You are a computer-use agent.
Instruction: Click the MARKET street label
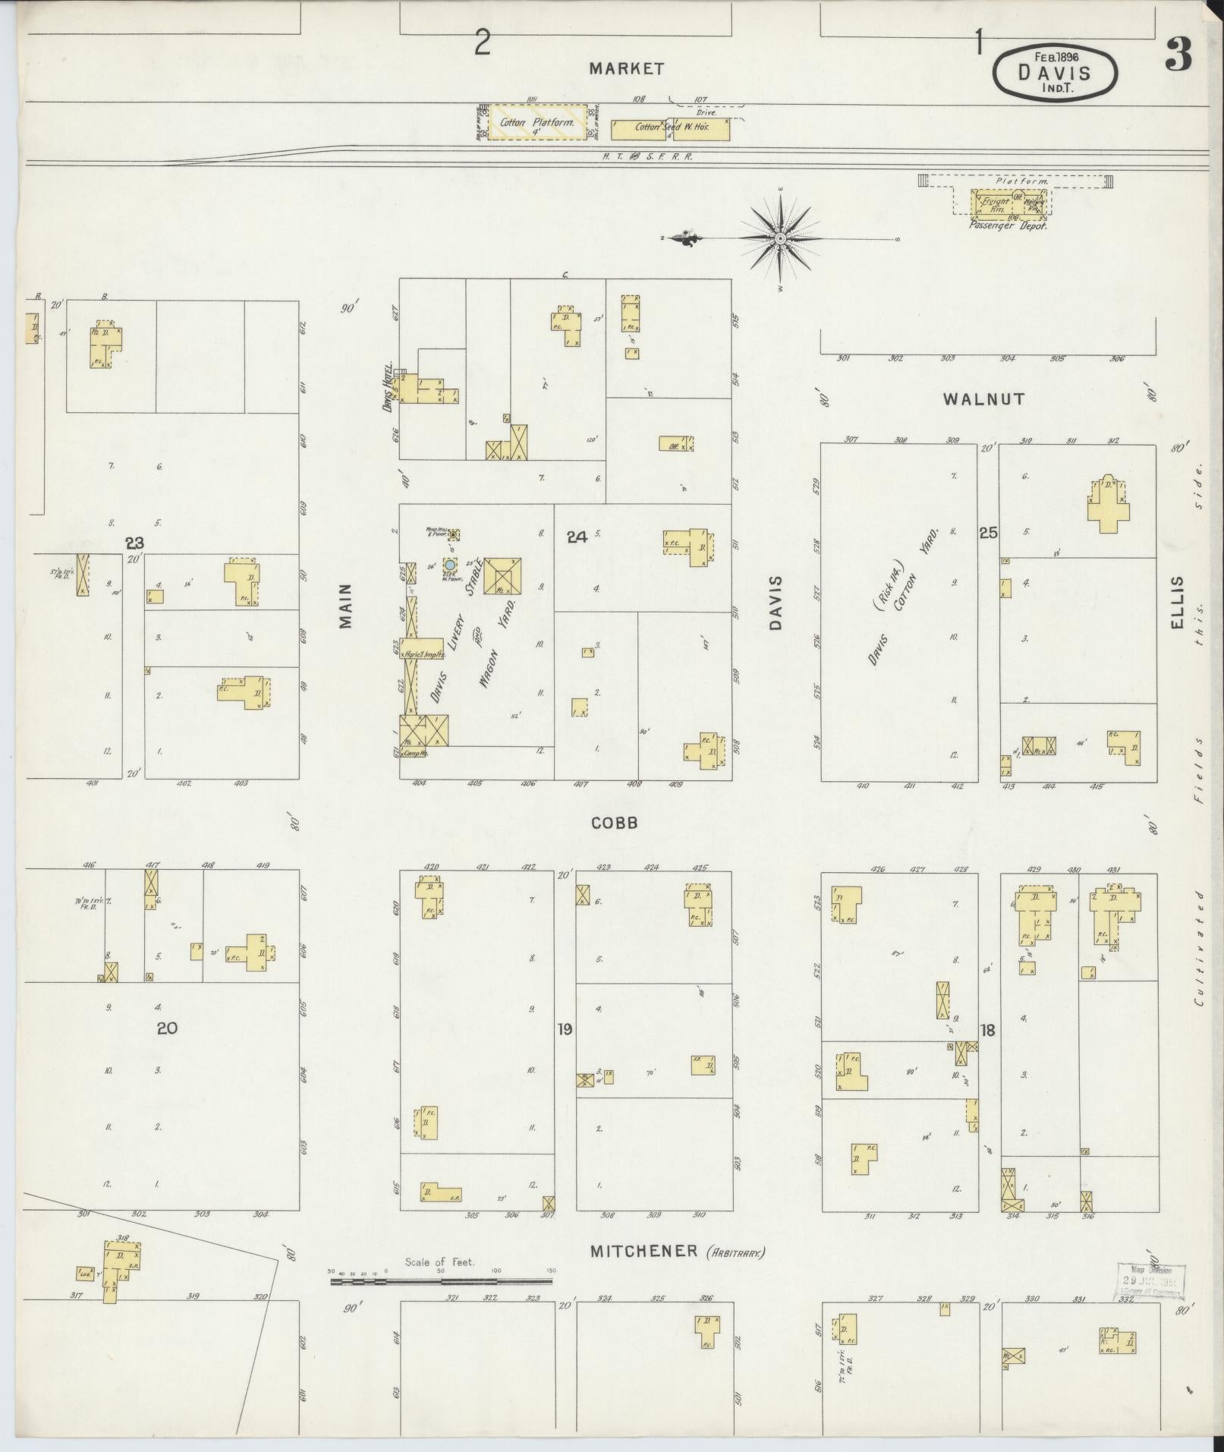click(x=627, y=69)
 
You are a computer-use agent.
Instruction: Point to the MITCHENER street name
click(x=643, y=1250)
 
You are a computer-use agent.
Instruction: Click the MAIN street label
click(x=346, y=605)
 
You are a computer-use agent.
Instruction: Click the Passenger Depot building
click(x=1008, y=203)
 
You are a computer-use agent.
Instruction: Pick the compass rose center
click(x=780, y=238)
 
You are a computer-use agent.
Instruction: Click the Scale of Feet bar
click(x=442, y=1281)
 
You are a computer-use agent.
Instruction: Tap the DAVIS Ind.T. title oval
click(x=1054, y=73)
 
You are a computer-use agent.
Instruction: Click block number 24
click(x=577, y=537)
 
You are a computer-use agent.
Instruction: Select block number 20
click(x=167, y=1028)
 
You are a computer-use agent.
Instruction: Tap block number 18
click(x=987, y=1030)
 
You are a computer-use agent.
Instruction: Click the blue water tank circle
click(x=450, y=565)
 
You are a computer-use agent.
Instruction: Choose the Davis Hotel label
click(x=388, y=386)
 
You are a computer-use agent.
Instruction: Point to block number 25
click(x=987, y=533)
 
